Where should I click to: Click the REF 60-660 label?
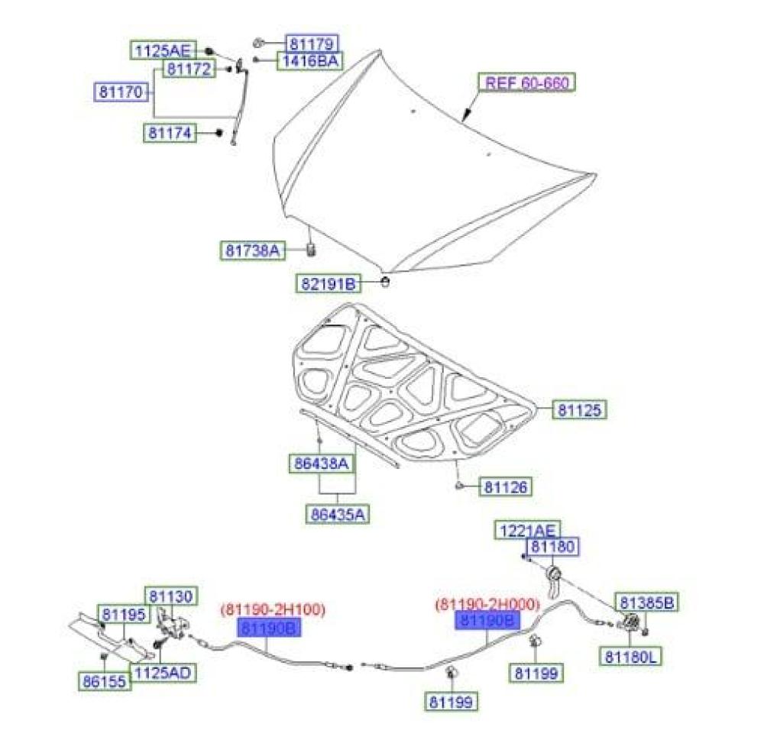tap(526, 82)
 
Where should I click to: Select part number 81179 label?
tap(312, 44)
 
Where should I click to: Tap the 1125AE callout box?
tap(161, 51)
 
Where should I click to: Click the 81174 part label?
tap(170, 133)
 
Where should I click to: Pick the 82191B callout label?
tap(327, 284)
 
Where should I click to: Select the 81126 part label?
tap(505, 486)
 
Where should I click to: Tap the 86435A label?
tap(337, 514)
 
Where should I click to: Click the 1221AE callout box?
tap(528, 530)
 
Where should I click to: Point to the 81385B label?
tap(646, 603)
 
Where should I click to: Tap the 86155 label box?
tap(103, 681)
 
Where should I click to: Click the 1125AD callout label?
tap(162, 672)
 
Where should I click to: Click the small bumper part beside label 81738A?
tap(311, 249)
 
